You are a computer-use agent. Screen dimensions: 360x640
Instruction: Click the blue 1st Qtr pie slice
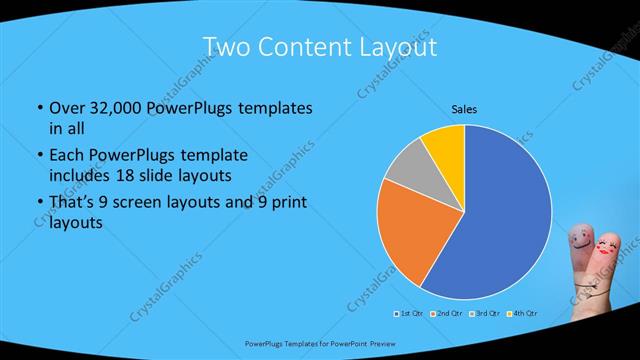tap(505, 220)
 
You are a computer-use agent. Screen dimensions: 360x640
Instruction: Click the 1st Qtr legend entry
tap(410, 314)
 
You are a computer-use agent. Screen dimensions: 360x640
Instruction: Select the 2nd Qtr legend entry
tap(446, 314)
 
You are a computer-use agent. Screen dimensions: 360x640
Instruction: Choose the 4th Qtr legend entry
tap(520, 314)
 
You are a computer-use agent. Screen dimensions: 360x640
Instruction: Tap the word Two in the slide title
tap(226, 47)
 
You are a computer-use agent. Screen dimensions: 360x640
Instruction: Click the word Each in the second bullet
tap(67, 155)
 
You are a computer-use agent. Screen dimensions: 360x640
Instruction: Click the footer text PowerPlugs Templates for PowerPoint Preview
tap(319, 342)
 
